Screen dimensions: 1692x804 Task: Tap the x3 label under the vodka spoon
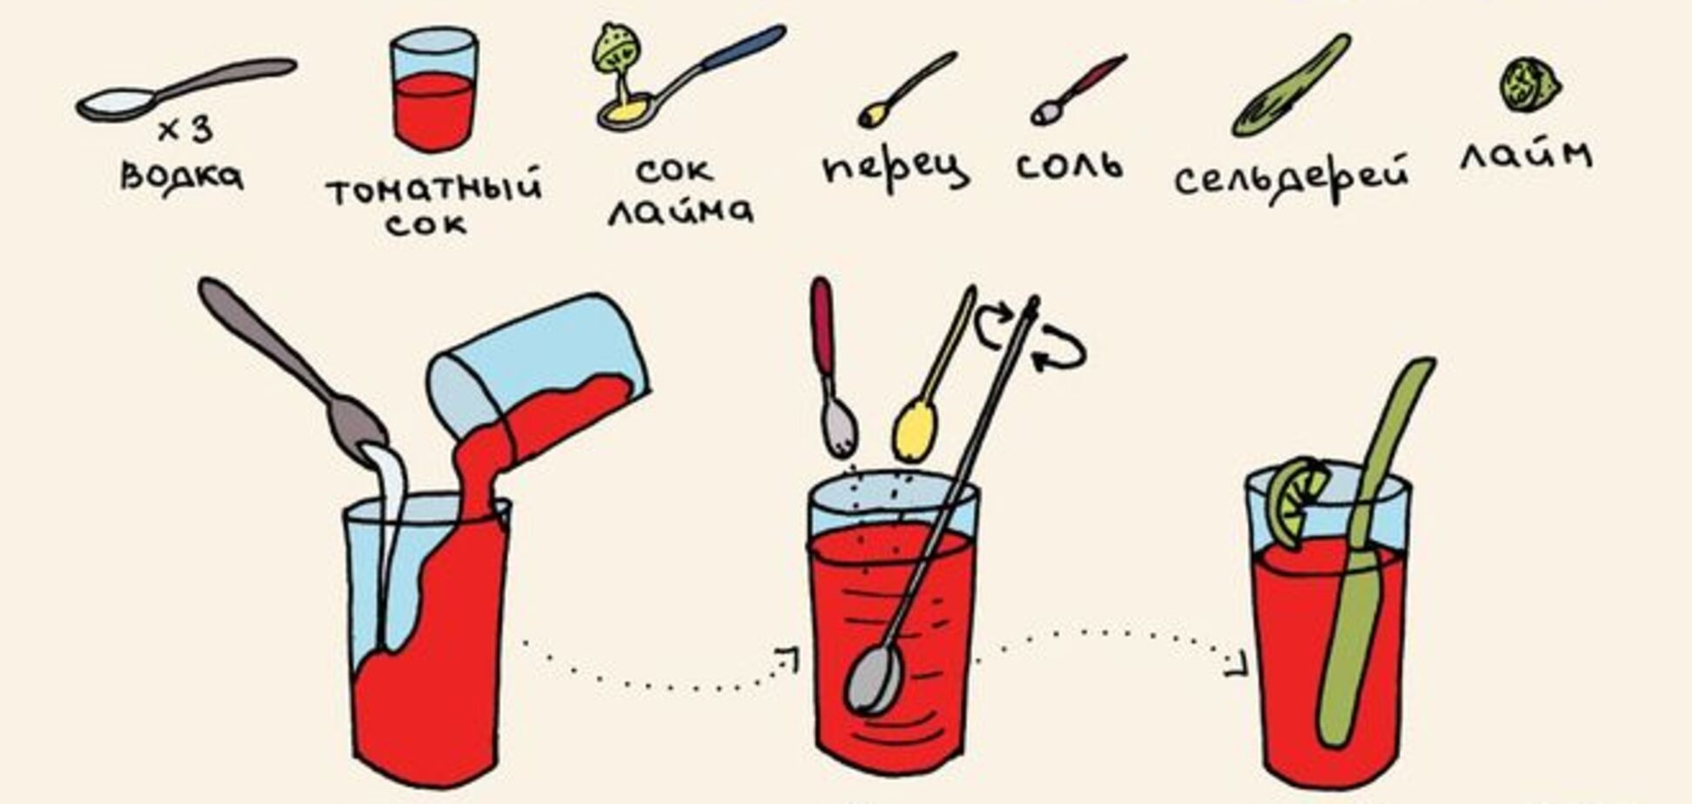(x=185, y=131)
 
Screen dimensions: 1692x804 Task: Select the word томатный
(x=433, y=187)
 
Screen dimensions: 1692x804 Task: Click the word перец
(x=895, y=167)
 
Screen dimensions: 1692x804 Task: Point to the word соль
(x=1070, y=164)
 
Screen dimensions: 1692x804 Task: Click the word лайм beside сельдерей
(x=1526, y=154)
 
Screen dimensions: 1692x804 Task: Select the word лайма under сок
(x=680, y=211)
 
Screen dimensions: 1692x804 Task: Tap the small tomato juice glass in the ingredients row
(x=433, y=90)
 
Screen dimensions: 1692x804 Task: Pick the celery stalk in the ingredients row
(x=1291, y=86)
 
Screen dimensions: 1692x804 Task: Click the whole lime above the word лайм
(x=1529, y=84)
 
